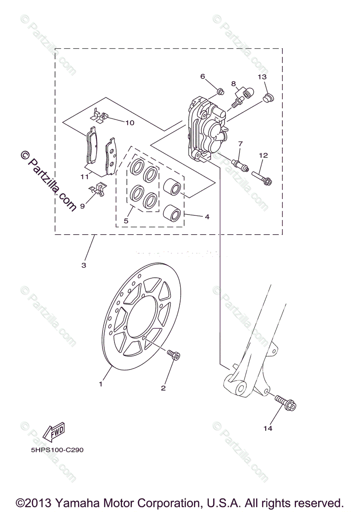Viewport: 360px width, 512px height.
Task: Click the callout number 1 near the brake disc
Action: pyautogui.click(x=101, y=384)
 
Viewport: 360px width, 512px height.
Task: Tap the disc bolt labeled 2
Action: pyautogui.click(x=173, y=354)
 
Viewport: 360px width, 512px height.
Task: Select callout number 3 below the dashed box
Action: pyautogui.click(x=84, y=265)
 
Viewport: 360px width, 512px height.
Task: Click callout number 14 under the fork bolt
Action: pyautogui.click(x=268, y=428)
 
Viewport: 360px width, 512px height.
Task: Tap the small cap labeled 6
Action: pyautogui.click(x=220, y=91)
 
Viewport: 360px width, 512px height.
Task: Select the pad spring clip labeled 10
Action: pyautogui.click(x=100, y=116)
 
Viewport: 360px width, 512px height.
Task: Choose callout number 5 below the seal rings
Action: pyautogui.click(x=126, y=221)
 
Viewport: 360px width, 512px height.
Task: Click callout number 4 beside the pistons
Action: pyautogui.click(x=207, y=217)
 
